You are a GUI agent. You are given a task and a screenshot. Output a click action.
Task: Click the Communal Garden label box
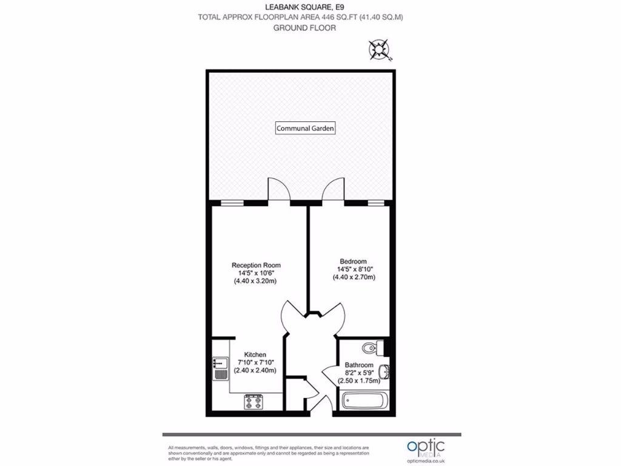pyautogui.click(x=306, y=128)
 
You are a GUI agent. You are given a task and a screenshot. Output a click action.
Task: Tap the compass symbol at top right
pyautogui.click(x=380, y=49)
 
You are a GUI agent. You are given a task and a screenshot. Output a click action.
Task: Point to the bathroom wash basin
pyautogui.click(x=383, y=371)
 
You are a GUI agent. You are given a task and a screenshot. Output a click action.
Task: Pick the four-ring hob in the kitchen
pyautogui.click(x=254, y=401)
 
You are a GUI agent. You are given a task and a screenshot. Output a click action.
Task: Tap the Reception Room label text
pyautogui.click(x=256, y=265)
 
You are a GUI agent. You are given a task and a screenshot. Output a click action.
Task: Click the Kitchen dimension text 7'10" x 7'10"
pyautogui.click(x=255, y=362)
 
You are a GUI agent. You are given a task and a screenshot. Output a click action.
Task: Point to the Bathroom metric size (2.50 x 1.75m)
pyautogui.click(x=358, y=381)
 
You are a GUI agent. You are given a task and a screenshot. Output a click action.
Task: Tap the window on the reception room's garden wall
pyautogui.click(x=229, y=203)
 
